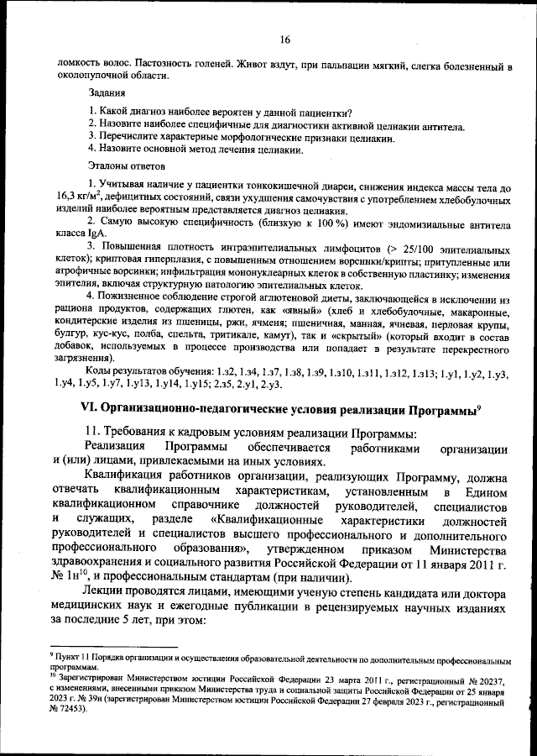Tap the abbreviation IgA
click(x=99, y=237)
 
